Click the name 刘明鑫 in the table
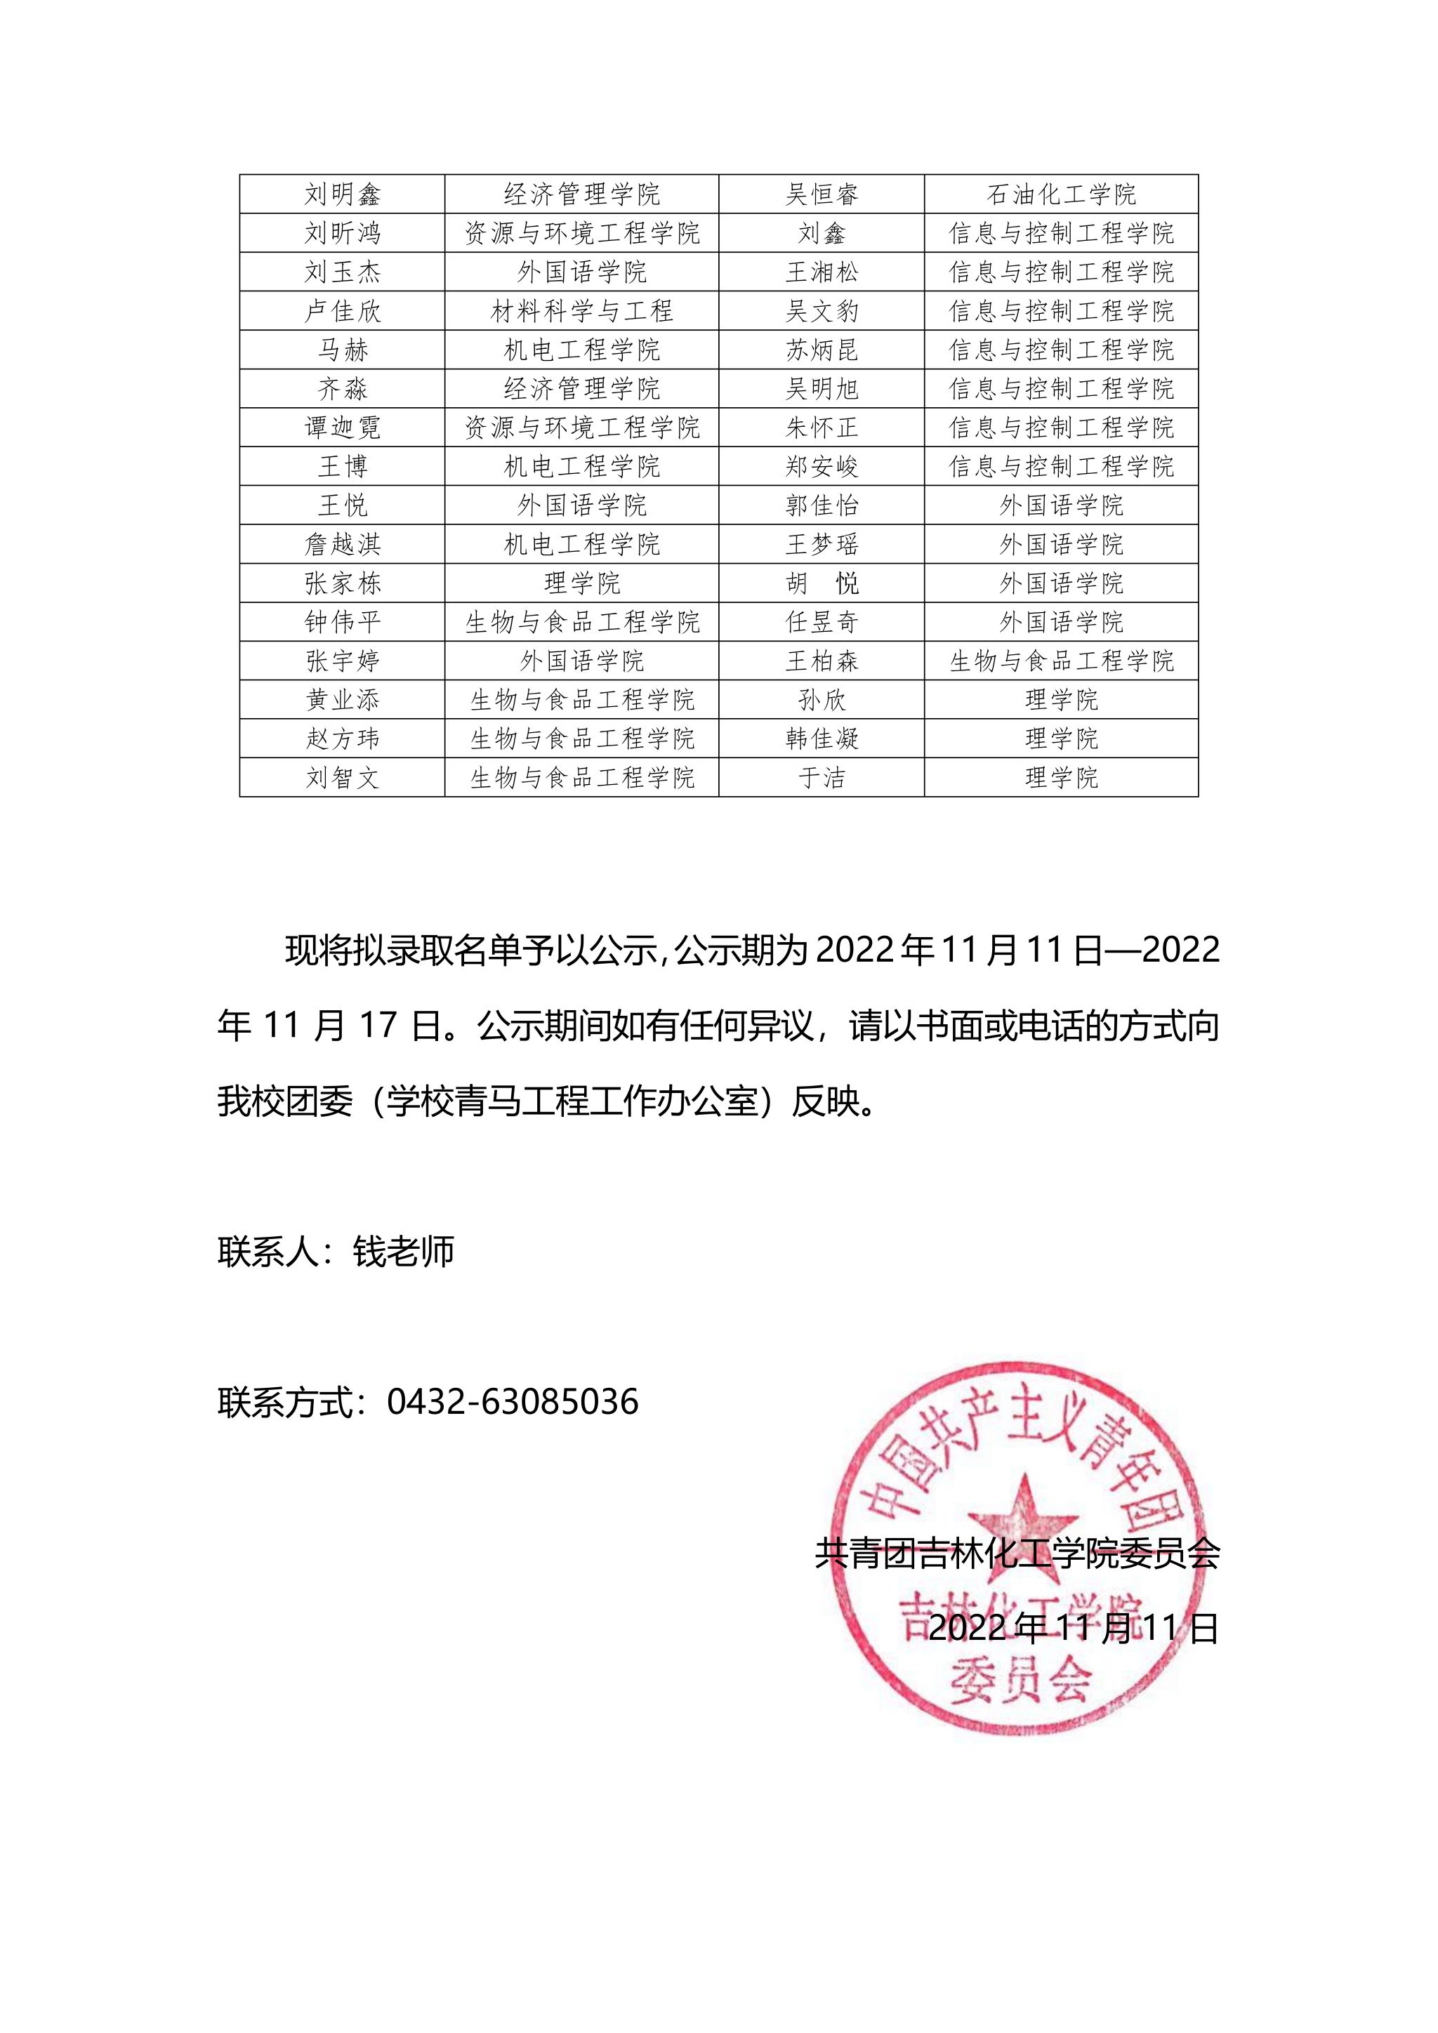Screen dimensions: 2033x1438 pos(342,194)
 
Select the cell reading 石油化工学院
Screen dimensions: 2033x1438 pos(1061,194)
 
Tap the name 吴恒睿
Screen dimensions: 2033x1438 pos(822,194)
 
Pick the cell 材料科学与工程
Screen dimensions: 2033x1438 pos(582,311)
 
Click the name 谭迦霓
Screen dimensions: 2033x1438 pos(342,428)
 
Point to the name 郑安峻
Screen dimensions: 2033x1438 pos(822,467)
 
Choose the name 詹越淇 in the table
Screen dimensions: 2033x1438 pos(342,545)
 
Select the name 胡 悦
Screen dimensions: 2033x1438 pos(822,583)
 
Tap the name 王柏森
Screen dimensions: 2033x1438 pos(822,661)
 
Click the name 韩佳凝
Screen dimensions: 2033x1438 pos(822,739)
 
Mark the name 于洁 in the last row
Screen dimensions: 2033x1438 pos(822,777)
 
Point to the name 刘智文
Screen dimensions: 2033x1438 pos(342,777)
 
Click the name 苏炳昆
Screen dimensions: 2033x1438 pos(822,350)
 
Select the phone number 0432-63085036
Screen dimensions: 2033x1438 pos(513,1402)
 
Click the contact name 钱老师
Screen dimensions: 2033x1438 pos(404,1251)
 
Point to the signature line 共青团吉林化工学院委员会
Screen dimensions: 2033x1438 pos(1017,1553)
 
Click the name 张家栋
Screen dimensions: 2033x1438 pos(342,583)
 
